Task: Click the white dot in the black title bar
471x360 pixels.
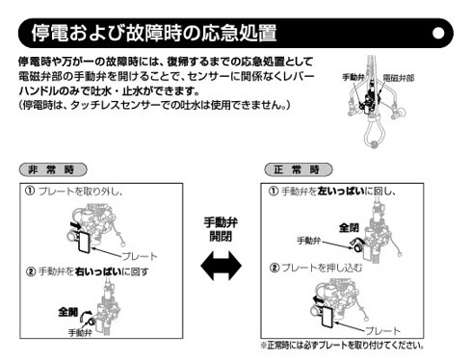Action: [x=438, y=33]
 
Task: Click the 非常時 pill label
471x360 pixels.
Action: [x=53, y=169]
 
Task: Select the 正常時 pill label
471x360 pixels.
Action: [x=299, y=169]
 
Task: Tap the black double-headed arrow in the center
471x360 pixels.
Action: [x=221, y=266]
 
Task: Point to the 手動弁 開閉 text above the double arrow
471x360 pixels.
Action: [x=221, y=229]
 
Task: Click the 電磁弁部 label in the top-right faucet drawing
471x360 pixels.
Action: [x=399, y=78]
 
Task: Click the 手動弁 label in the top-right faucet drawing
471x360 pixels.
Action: [x=353, y=77]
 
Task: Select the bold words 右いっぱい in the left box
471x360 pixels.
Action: [x=98, y=271]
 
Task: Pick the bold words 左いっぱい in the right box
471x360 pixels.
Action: [x=341, y=192]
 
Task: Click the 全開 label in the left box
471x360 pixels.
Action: [x=68, y=312]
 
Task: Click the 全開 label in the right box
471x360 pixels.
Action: [x=349, y=228]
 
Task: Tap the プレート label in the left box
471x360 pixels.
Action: [x=140, y=256]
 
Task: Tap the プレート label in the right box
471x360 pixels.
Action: [x=382, y=330]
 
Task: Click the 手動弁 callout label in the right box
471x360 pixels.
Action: [x=308, y=241]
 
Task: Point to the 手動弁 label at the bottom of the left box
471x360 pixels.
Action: [x=80, y=332]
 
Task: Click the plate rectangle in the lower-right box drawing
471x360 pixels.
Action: [x=327, y=317]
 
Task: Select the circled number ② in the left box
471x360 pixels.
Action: [x=31, y=271]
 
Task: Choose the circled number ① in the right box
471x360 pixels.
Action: [x=274, y=192]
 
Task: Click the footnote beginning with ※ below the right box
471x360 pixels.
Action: [x=342, y=346]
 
